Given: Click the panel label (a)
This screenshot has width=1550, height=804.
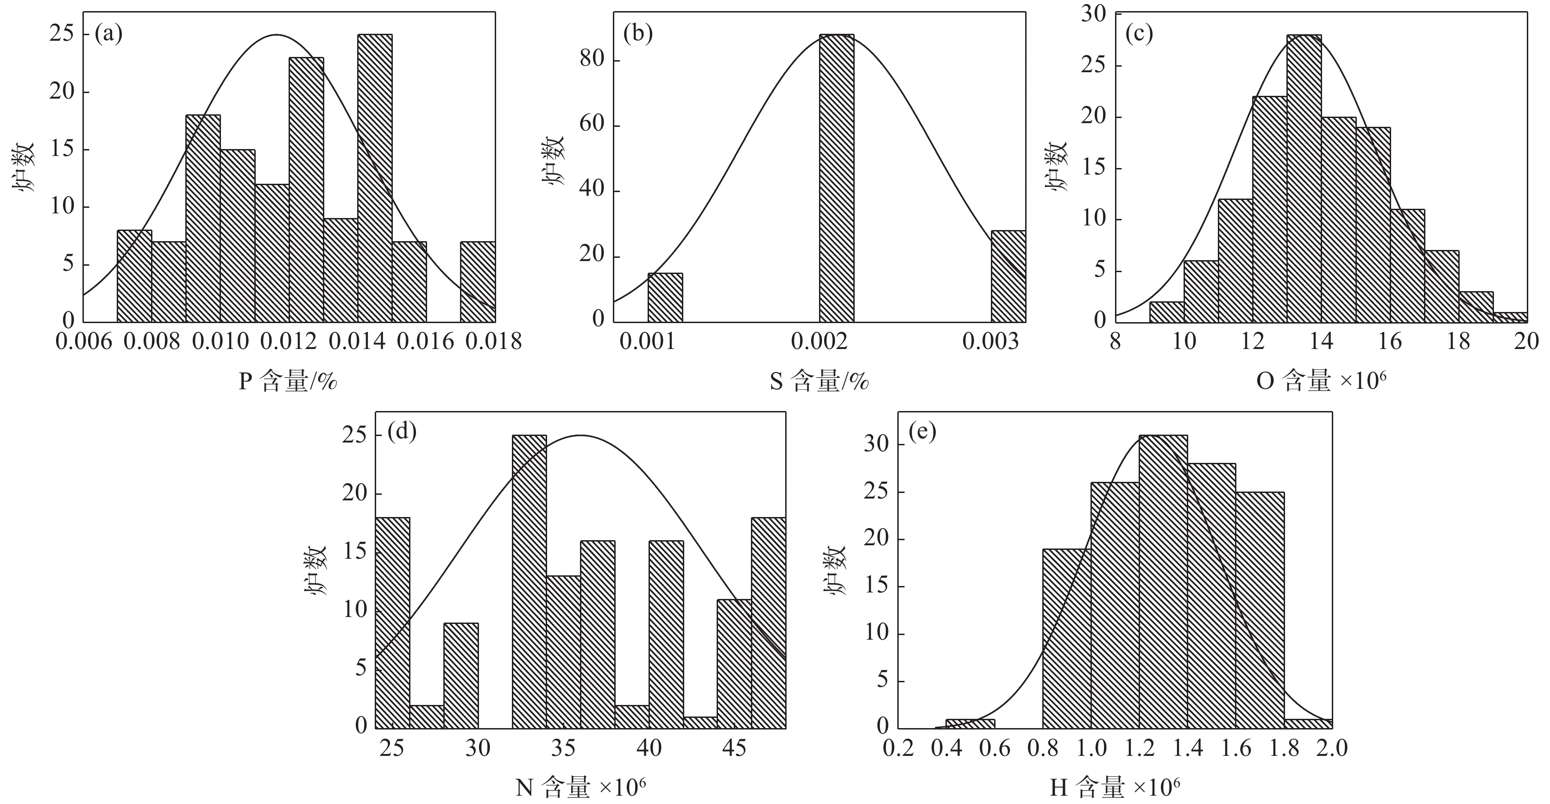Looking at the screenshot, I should click(109, 34).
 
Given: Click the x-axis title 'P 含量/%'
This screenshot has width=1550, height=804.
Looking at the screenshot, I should click(288, 382).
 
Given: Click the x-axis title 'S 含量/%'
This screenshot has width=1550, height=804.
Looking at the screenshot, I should click(819, 382).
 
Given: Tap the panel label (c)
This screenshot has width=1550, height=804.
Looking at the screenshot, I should click(1139, 34).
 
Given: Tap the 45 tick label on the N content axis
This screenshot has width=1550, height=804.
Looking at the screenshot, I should click(734, 748).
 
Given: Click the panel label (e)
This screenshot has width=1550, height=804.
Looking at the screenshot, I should click(922, 433).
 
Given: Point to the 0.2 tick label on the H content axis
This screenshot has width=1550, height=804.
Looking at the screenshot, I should click(898, 748).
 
